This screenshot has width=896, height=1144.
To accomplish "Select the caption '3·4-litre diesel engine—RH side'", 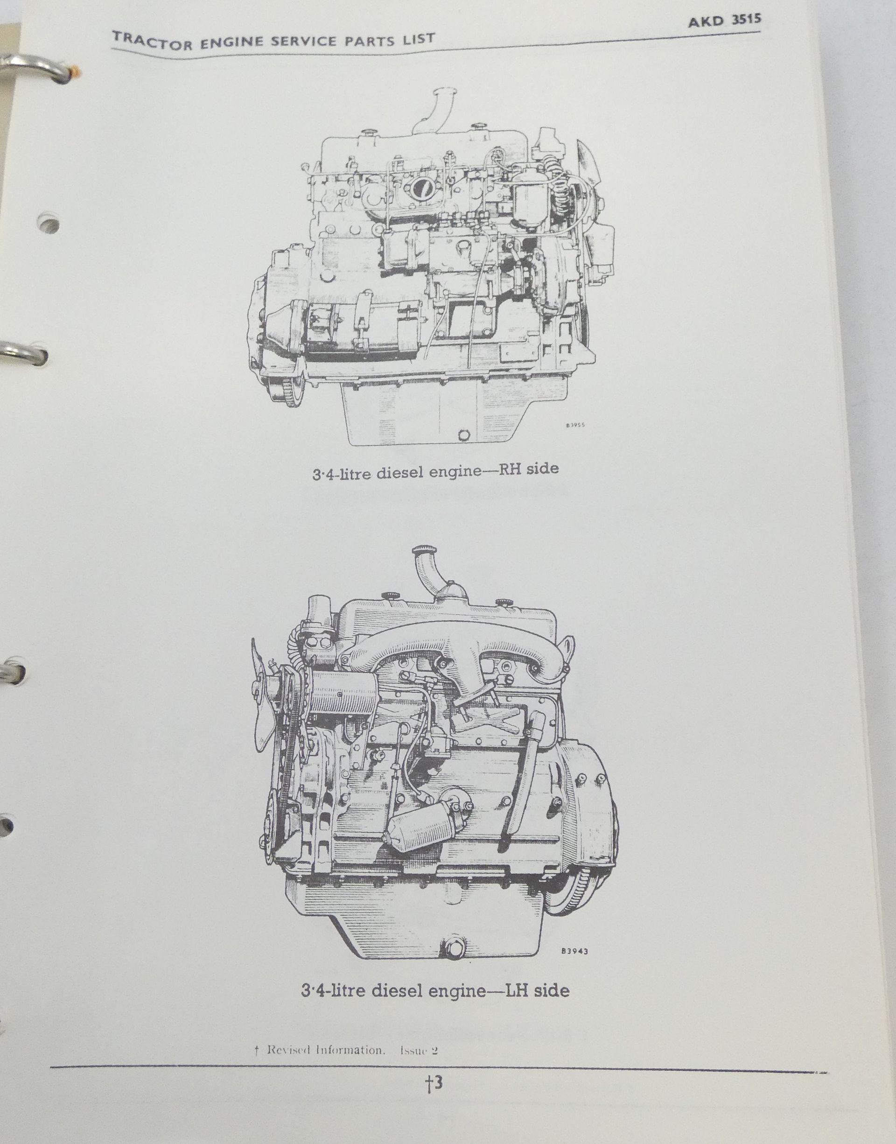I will pos(435,469).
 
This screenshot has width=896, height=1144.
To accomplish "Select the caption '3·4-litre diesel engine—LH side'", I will pos(435,990).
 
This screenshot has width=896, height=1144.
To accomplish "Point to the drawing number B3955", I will pos(575,426).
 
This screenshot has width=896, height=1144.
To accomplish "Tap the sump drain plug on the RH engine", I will pos(462,435).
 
